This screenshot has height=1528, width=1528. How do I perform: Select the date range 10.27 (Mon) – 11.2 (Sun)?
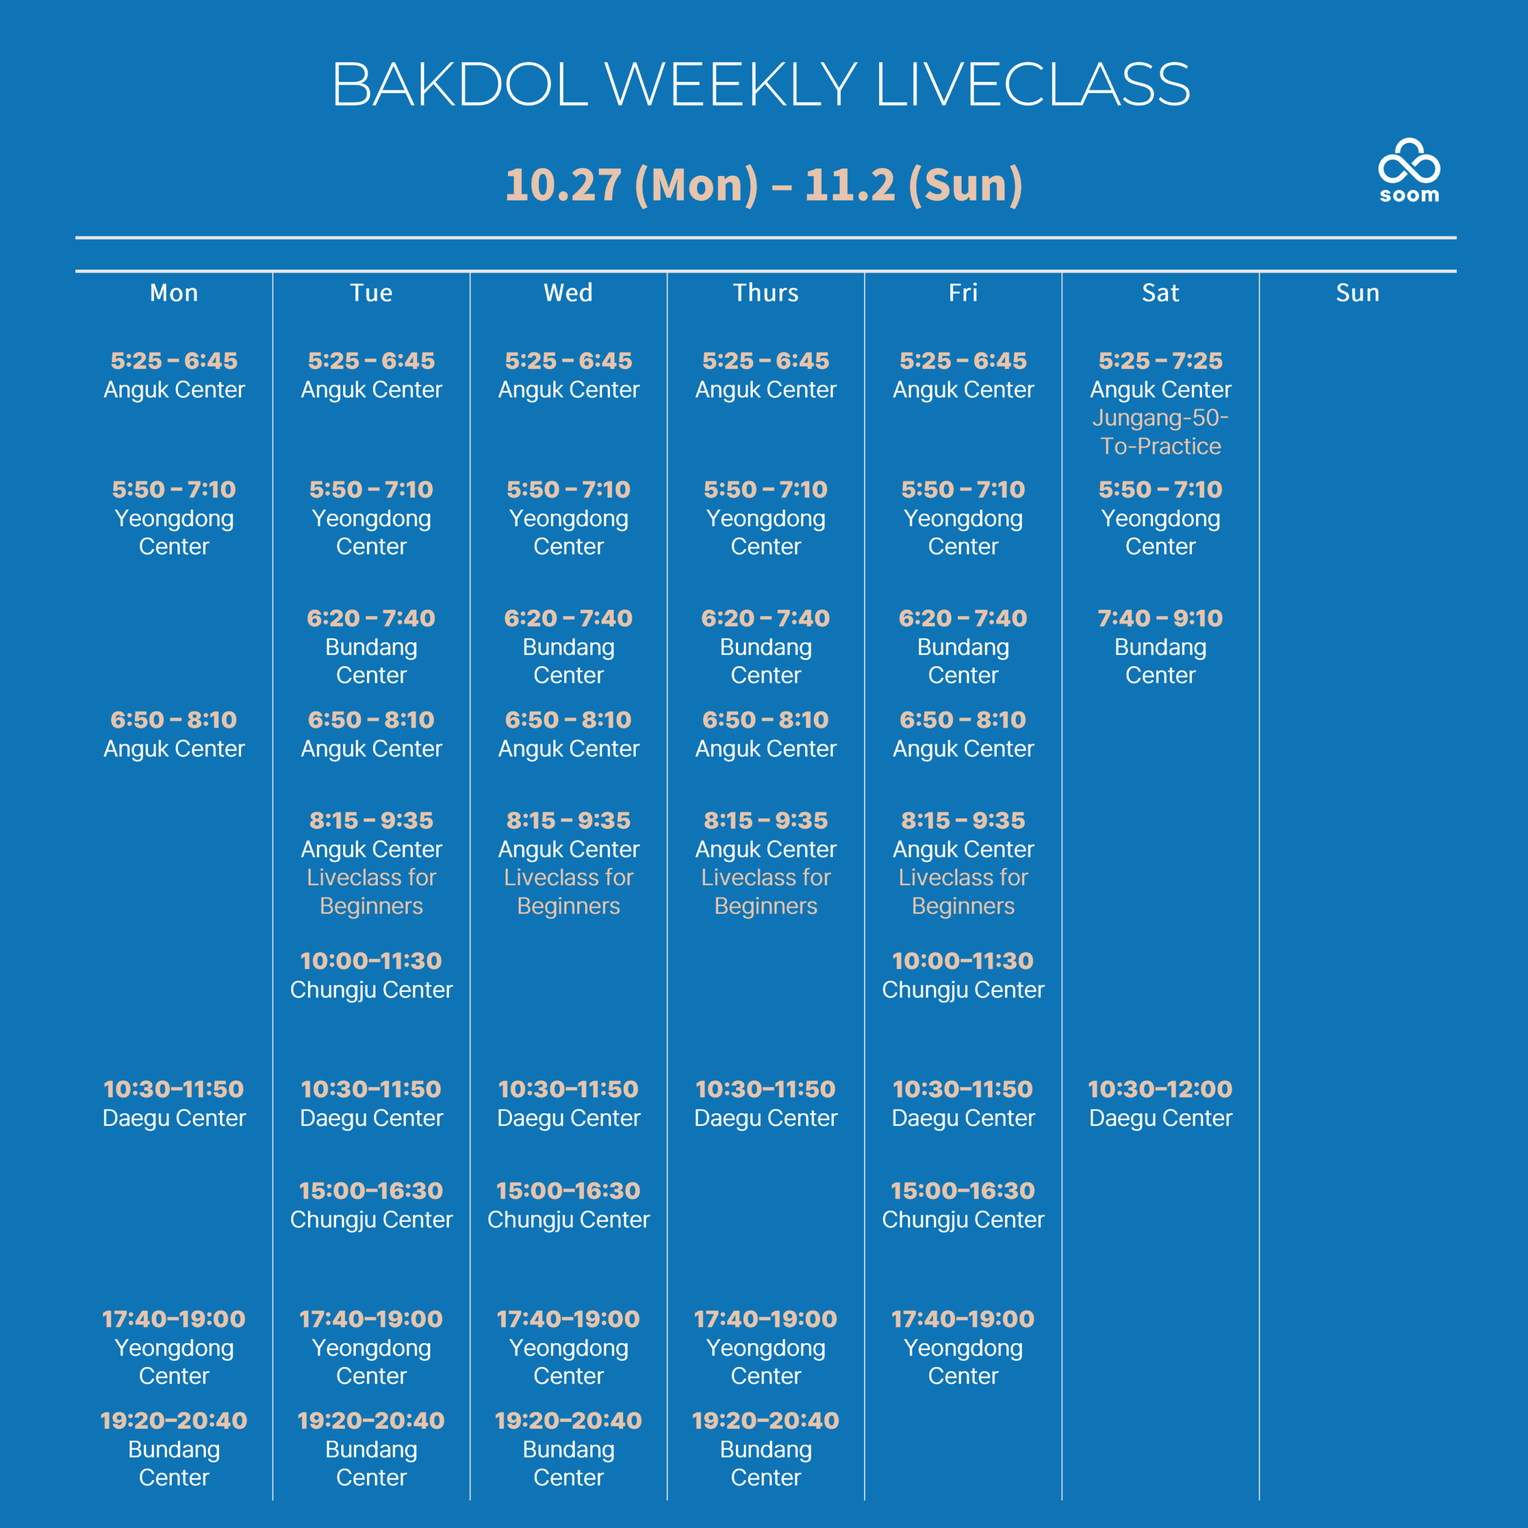(764, 184)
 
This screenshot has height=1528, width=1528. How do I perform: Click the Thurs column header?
(766, 292)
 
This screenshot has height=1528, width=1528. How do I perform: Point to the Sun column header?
(1357, 292)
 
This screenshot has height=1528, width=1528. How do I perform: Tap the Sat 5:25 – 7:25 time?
(1160, 361)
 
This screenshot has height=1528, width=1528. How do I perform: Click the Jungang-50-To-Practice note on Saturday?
(1160, 432)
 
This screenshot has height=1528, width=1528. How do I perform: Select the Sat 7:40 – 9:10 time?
(1160, 618)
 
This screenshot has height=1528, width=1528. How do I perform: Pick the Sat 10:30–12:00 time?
(1160, 1089)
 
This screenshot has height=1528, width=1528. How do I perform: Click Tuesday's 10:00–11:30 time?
(371, 961)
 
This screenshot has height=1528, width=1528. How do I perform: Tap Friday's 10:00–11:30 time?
(963, 961)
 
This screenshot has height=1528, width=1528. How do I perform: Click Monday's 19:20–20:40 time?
(174, 1421)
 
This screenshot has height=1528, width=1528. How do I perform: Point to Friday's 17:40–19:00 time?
(963, 1318)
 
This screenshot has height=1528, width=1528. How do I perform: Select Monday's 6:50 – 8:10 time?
(174, 720)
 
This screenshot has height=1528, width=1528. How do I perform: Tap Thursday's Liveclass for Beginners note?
(766, 891)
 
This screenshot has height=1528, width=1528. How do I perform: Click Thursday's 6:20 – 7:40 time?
(766, 618)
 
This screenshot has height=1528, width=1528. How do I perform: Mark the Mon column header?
(174, 292)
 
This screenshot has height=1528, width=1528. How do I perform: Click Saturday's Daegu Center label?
(1160, 1119)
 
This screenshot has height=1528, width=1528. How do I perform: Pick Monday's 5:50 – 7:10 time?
(174, 489)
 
